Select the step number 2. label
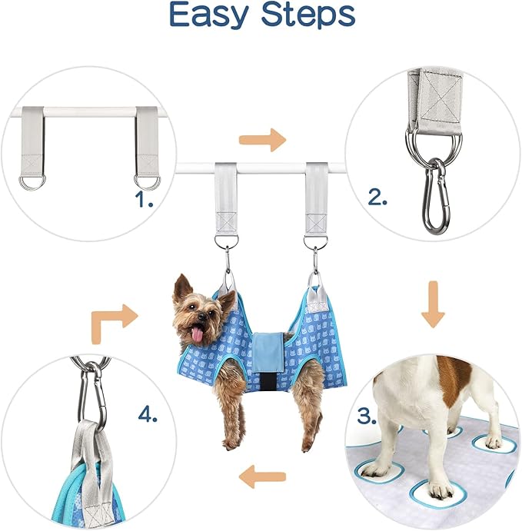pyautogui.click(x=377, y=197)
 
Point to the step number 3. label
pyautogui.click(x=367, y=417)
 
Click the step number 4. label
pyautogui.click(x=148, y=416)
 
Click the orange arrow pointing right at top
pyautogui.click(x=261, y=140)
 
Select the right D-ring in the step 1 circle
pyautogui.click(x=145, y=181)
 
